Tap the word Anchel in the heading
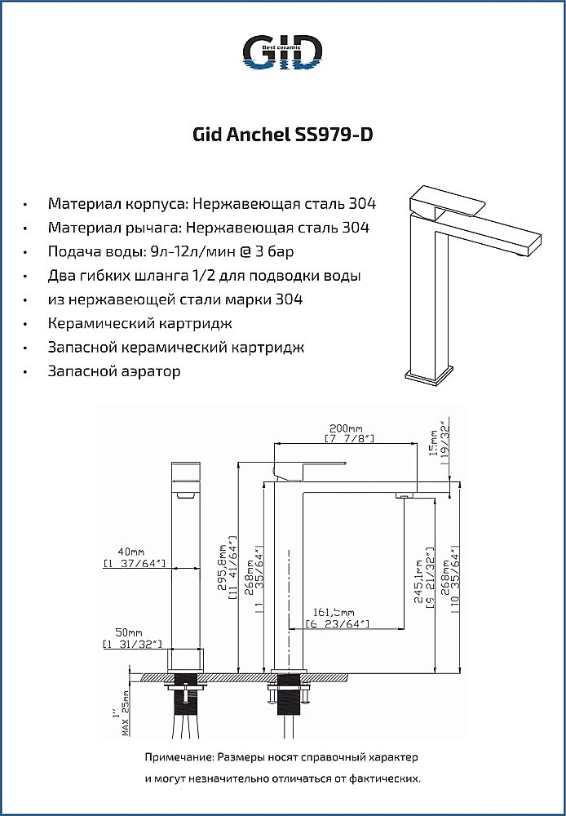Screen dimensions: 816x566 tap(252, 135)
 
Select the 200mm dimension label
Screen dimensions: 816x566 tap(346, 428)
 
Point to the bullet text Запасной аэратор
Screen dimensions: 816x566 tap(114, 371)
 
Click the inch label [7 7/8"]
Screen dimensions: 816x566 tap(349, 439)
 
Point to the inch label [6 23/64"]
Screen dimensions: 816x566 tap(338, 624)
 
